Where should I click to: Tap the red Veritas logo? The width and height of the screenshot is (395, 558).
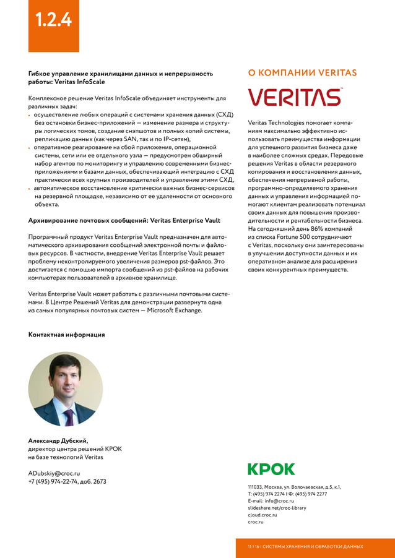[x=295, y=98]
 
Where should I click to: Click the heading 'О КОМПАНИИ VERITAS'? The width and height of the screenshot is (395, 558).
[x=302, y=73]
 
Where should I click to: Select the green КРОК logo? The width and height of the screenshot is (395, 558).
[x=271, y=469]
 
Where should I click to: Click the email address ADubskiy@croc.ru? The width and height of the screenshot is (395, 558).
[x=54, y=473]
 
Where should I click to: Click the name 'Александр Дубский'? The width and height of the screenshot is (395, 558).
[x=58, y=441]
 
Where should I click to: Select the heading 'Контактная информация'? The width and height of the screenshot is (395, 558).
[x=66, y=335]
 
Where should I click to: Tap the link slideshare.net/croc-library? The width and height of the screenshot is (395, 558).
[x=277, y=508]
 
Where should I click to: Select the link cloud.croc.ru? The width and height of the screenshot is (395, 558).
[x=262, y=515]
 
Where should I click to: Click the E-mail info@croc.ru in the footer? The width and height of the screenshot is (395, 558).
[x=271, y=500]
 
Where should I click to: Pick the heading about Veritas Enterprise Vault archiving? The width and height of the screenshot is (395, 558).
[x=124, y=220]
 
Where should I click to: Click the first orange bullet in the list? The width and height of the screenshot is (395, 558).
[x=30, y=115]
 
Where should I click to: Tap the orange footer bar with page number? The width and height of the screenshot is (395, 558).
[x=315, y=547]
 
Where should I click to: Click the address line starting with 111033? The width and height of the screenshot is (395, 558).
[x=294, y=487]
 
